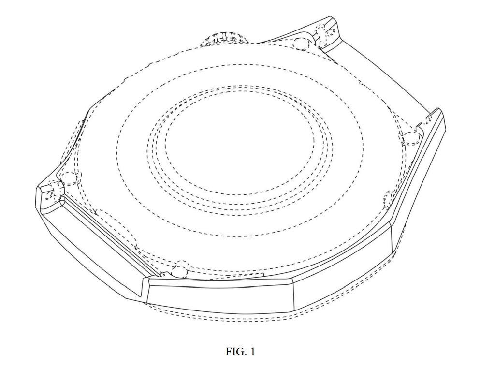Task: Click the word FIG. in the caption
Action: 236,352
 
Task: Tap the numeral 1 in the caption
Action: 252,352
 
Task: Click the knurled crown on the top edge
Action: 224,39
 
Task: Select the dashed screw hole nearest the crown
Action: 302,44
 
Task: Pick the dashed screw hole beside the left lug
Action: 69,178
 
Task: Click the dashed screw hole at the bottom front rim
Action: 180,269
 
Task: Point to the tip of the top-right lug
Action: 331,16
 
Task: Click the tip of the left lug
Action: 38,188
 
